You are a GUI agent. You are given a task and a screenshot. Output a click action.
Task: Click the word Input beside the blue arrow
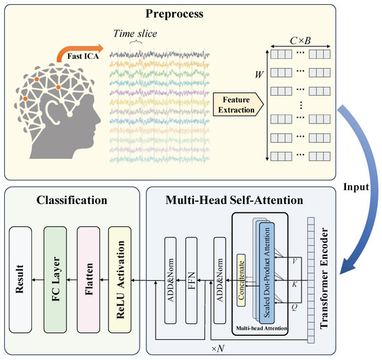[x=353, y=187]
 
